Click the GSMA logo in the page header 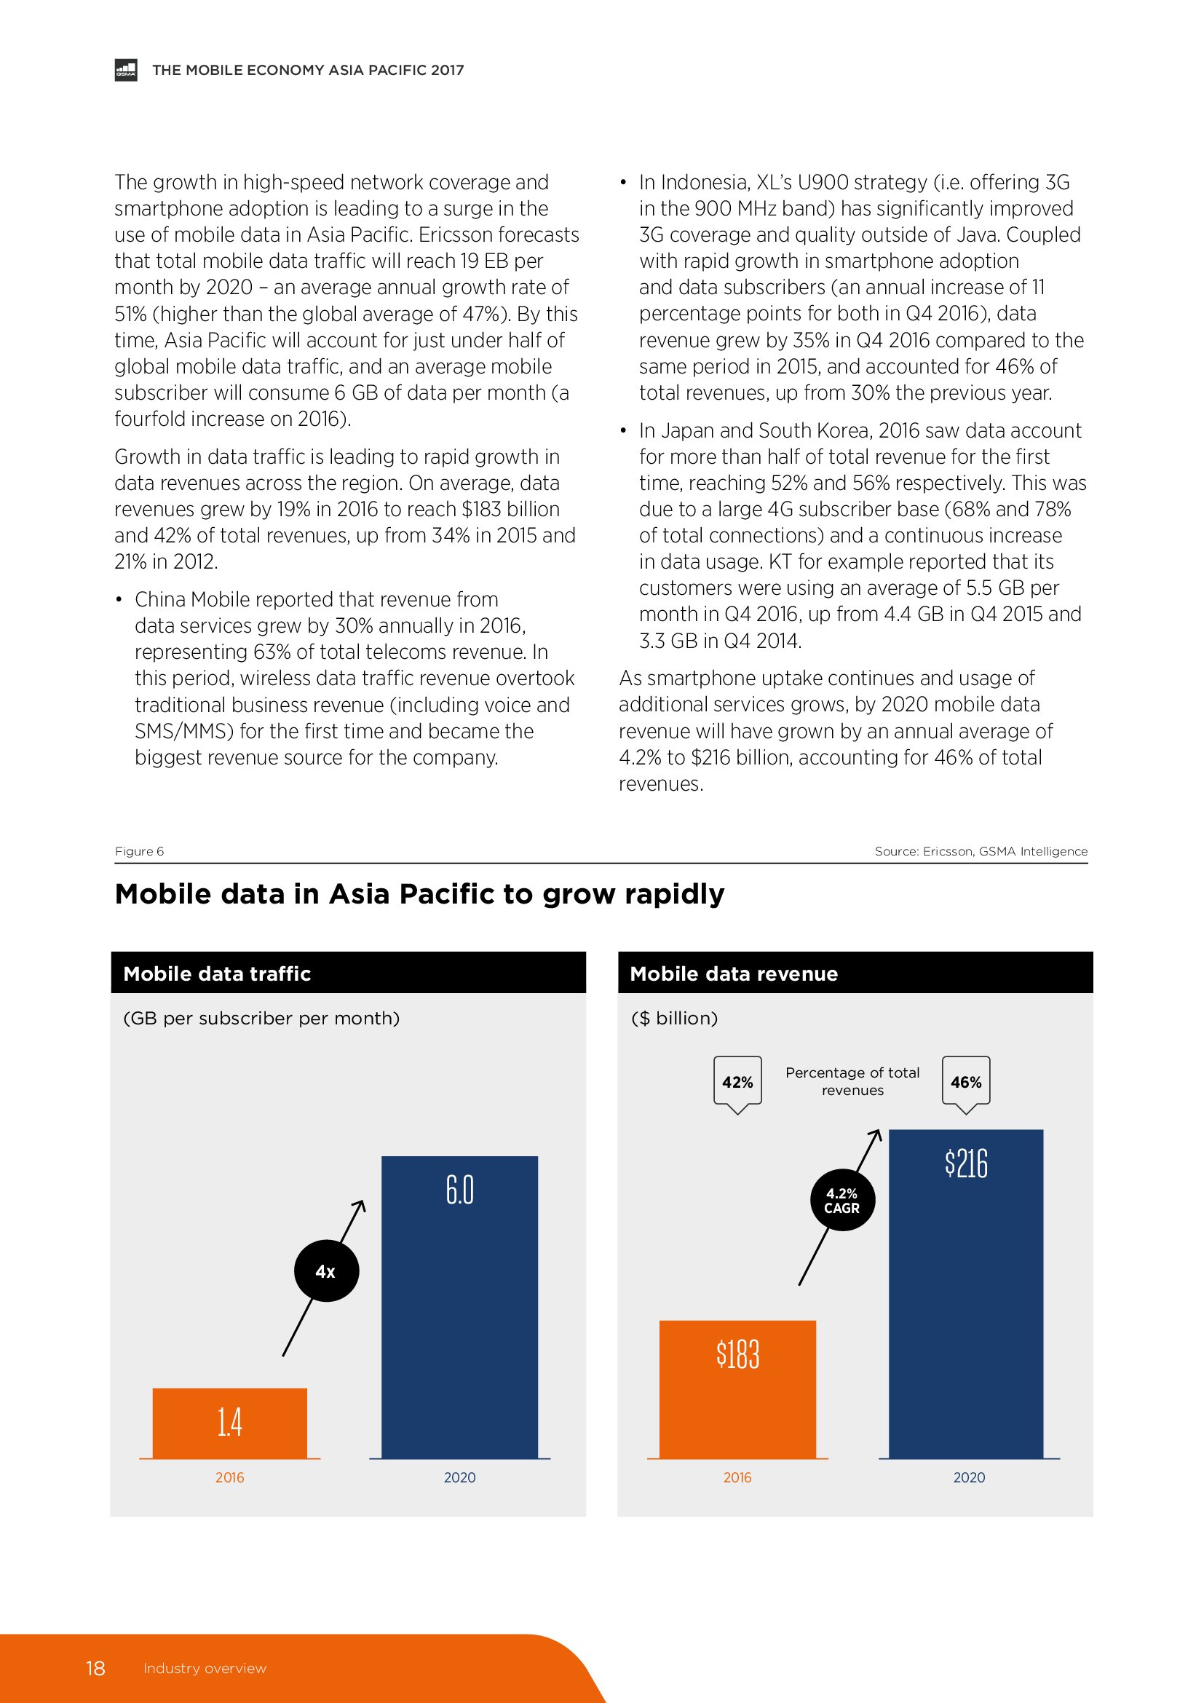(x=125, y=70)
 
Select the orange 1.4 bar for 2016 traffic (x=230, y=1423)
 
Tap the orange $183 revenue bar (x=737, y=1388)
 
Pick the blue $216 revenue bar (x=965, y=1294)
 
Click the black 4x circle (x=326, y=1271)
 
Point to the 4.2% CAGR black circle (x=841, y=1200)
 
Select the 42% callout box (x=737, y=1082)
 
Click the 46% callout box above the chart (x=966, y=1082)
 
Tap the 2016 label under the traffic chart (x=230, y=1477)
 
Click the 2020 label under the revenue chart (x=969, y=1477)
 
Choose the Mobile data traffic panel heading (x=217, y=974)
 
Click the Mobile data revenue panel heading (x=733, y=974)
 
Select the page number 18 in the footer (x=95, y=1668)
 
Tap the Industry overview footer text (x=205, y=1668)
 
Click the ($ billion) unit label (x=675, y=1019)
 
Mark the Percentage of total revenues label (x=852, y=1081)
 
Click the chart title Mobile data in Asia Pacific (x=419, y=895)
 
